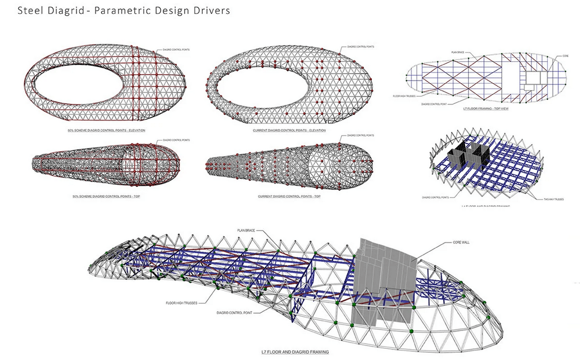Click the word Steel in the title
[x=30, y=11]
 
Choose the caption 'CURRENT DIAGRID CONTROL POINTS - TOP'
[x=289, y=196]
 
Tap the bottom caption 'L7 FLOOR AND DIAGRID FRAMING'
[x=295, y=352]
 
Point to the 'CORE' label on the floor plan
[x=565, y=56]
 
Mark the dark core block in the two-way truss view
[x=475, y=153]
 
